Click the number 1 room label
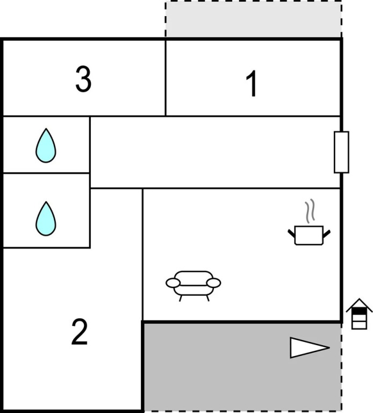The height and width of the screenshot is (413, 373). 252,84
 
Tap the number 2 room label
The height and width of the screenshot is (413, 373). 80,332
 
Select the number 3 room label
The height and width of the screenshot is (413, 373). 83,79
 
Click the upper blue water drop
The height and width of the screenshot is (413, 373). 46,145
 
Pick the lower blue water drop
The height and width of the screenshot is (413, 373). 46,218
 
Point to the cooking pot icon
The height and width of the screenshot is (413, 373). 309,235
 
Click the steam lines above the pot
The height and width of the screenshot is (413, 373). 310,211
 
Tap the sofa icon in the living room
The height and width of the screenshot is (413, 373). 193,286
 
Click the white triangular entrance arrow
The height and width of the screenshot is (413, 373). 310,348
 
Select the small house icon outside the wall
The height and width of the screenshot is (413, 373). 360,314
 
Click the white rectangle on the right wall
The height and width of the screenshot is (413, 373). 342,152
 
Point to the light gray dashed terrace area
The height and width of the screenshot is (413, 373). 253,19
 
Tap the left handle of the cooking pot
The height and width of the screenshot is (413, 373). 291,233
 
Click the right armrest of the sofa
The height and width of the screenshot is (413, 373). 213,283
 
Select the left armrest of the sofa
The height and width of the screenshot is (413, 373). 173,283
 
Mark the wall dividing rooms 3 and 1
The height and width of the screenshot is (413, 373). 166,78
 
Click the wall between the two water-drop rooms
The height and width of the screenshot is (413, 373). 46,173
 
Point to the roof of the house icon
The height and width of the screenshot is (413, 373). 360,305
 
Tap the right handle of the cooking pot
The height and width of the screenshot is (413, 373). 327,233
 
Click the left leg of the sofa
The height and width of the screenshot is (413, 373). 181,298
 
